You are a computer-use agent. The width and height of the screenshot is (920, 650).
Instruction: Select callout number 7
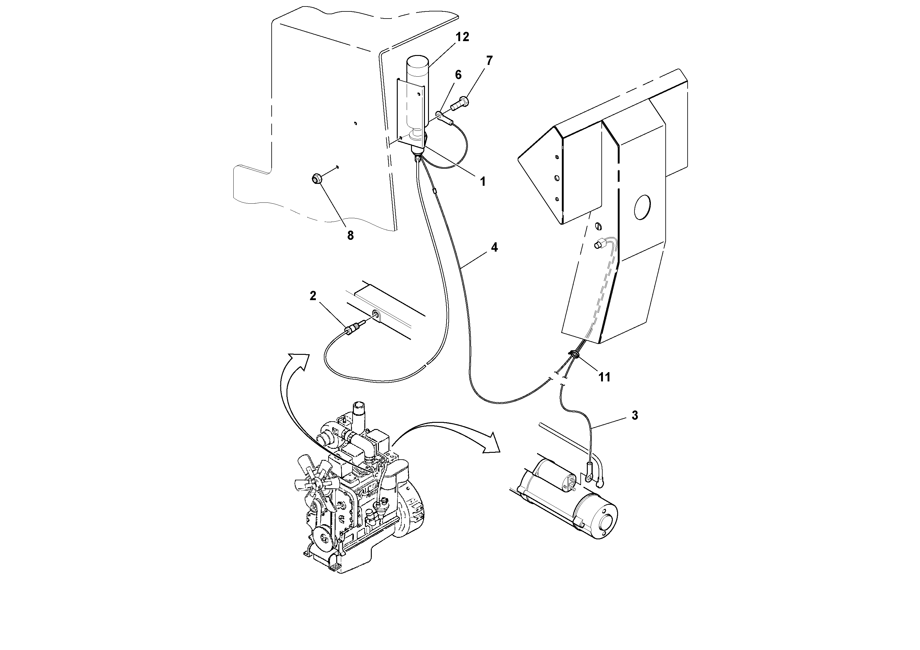coord(489,61)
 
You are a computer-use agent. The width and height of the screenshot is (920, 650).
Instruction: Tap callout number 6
coord(458,75)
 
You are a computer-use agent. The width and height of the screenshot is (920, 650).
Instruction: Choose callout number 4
coord(494,248)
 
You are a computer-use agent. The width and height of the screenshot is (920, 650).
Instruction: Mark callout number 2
coord(313,296)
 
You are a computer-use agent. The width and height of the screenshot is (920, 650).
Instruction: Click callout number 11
coord(604,377)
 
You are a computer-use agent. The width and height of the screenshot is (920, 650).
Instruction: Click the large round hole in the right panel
coord(643,207)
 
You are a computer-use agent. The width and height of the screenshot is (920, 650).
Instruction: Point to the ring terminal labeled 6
coord(440,117)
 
